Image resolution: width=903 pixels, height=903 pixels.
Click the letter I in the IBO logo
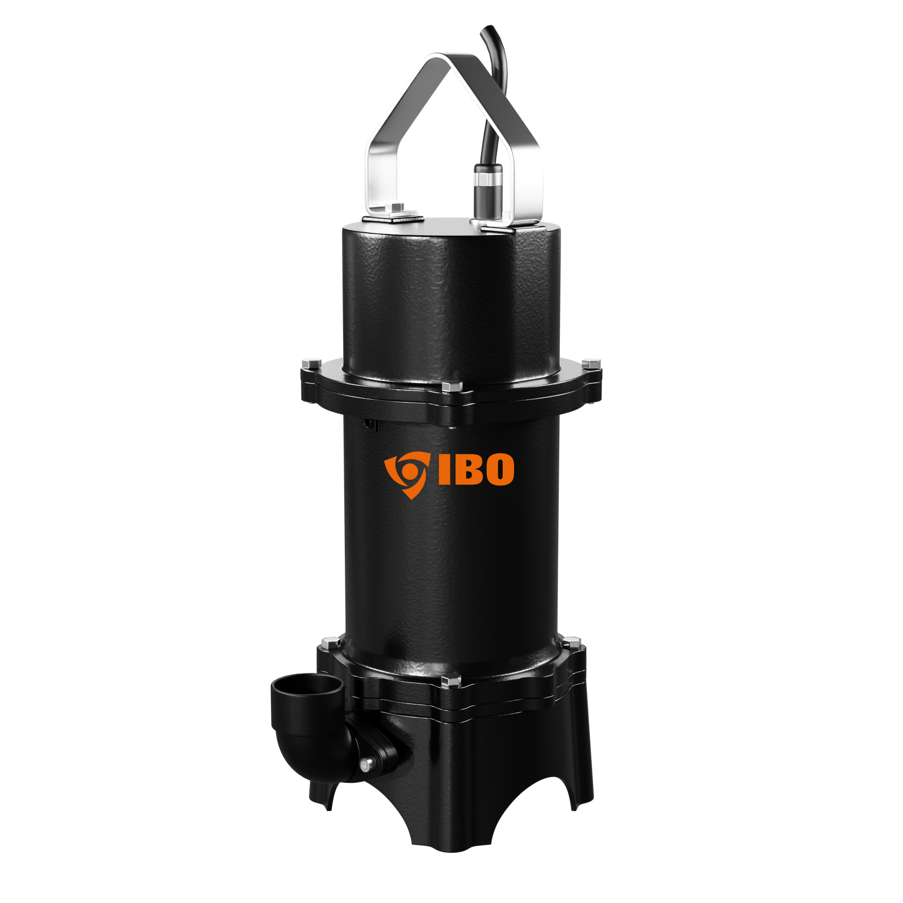click(x=444, y=469)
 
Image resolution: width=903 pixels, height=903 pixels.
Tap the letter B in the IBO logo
click(x=466, y=469)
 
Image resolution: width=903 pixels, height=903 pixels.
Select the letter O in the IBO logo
click(x=498, y=469)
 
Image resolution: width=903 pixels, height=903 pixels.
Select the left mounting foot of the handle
click(x=393, y=213)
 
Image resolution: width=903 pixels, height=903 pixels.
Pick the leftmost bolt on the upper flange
click(x=311, y=363)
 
